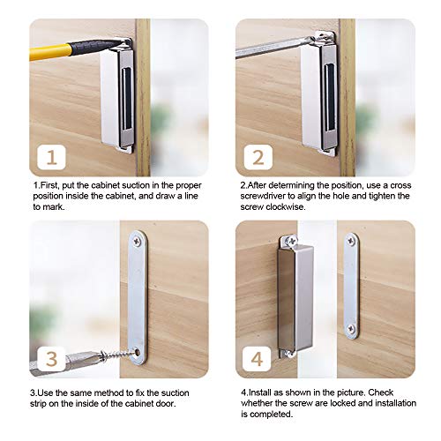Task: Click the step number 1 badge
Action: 51,158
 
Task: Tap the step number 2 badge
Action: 257,158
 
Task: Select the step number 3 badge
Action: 51,358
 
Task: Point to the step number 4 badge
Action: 257,358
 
